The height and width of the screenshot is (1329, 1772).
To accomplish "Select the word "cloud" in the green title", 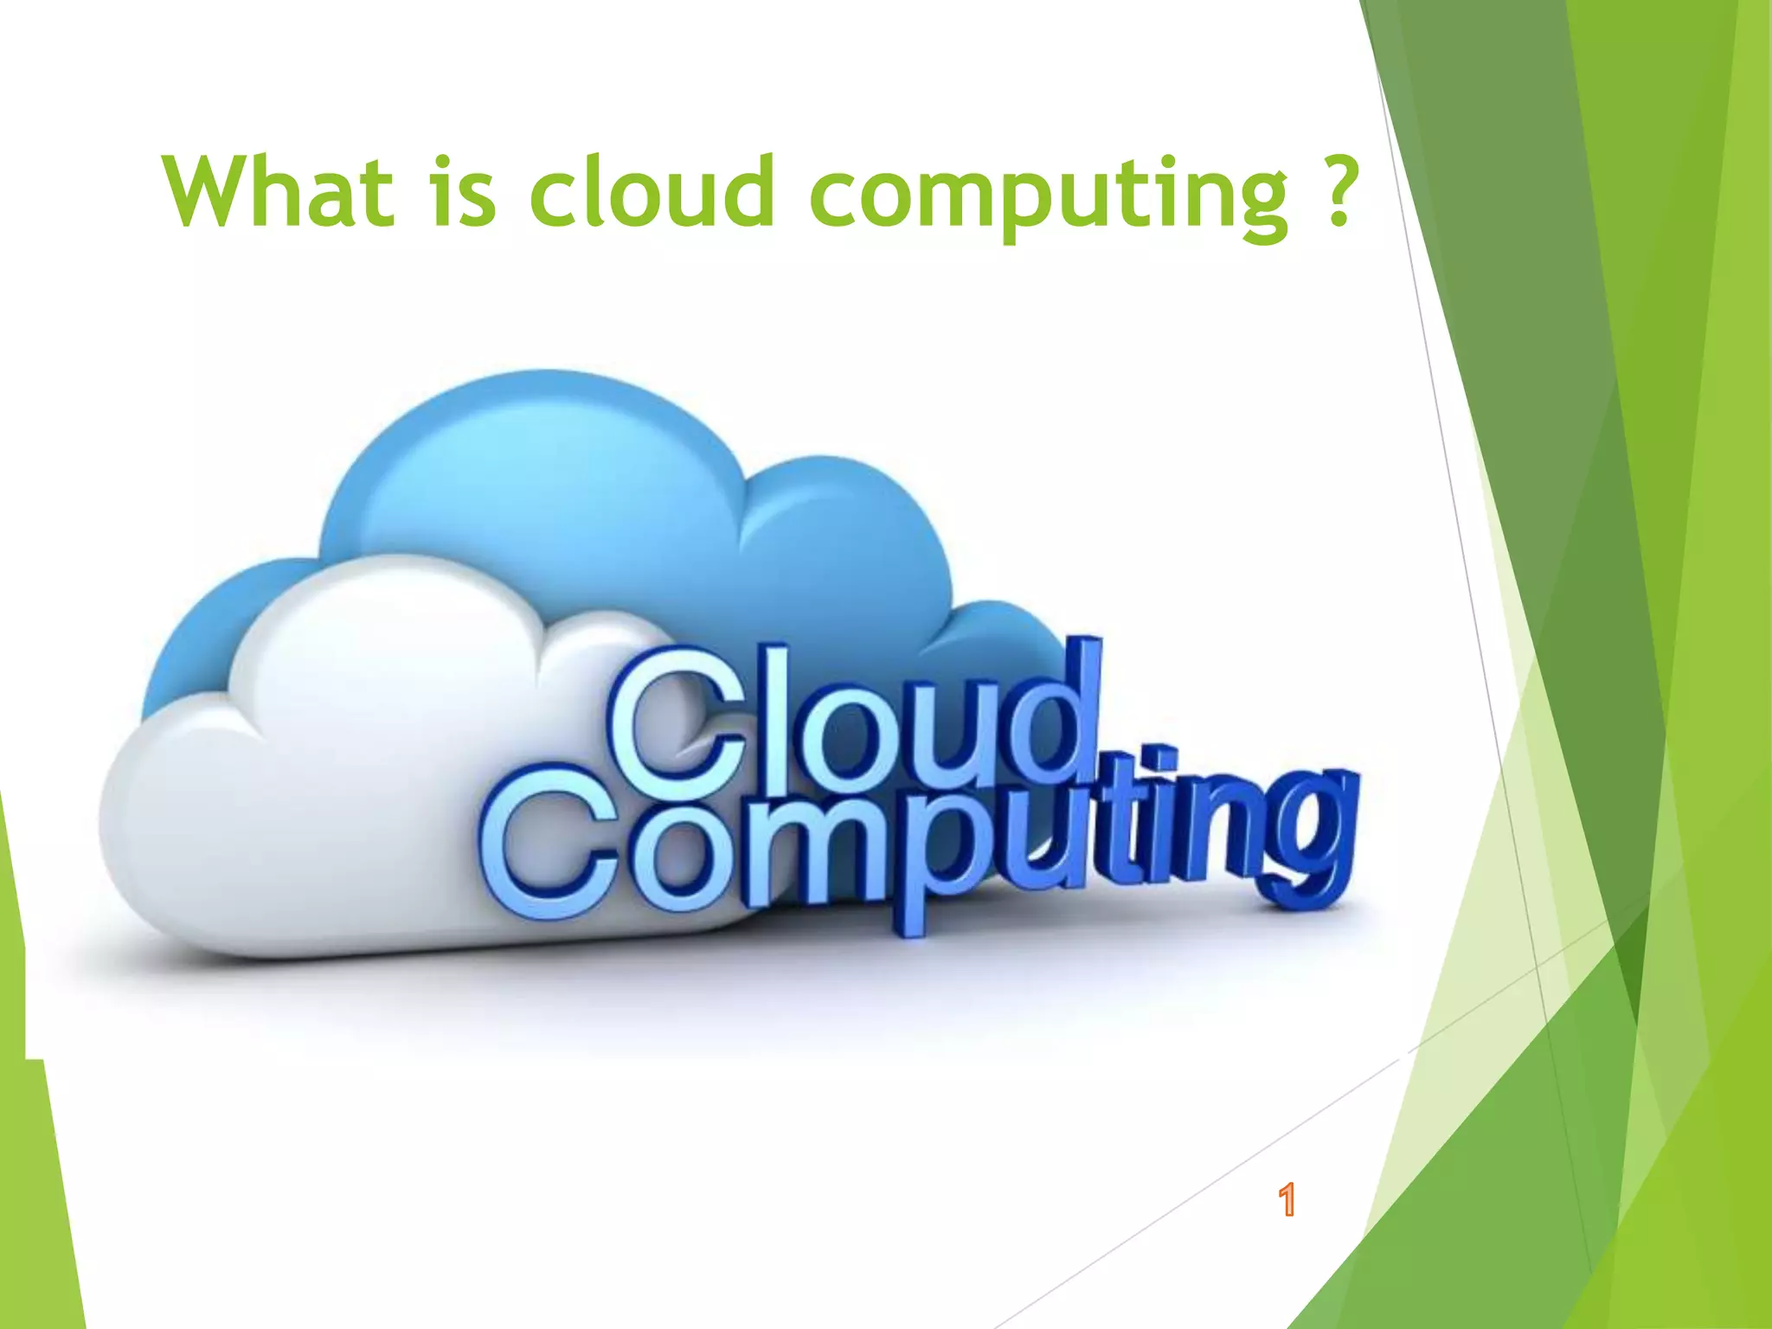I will click(651, 191).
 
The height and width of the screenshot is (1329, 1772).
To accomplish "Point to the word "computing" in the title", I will click(1049, 195).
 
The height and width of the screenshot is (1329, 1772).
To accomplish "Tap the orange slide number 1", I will click(1287, 1200).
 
